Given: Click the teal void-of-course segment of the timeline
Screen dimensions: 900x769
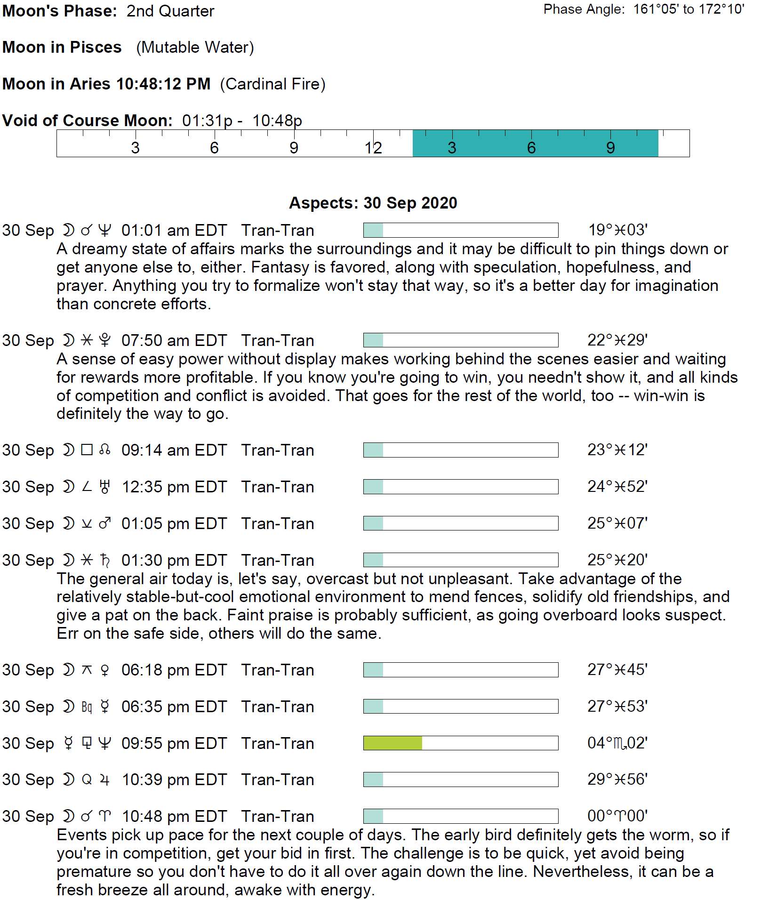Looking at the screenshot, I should (535, 143).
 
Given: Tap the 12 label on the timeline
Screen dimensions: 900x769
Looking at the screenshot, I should (373, 148).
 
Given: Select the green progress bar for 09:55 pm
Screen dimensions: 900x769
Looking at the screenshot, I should (393, 743).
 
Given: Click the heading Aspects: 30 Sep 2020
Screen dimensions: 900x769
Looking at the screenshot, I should (373, 203).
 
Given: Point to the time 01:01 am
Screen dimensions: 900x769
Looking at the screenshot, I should (151, 231).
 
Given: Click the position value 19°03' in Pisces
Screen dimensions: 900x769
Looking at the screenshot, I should (617, 230).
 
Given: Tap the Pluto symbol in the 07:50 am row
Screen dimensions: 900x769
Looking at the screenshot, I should (105, 340).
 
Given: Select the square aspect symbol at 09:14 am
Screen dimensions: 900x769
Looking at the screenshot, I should (87, 450).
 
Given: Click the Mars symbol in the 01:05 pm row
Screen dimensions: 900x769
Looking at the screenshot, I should (105, 523).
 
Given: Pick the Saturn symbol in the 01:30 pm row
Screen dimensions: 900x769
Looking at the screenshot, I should (105, 560).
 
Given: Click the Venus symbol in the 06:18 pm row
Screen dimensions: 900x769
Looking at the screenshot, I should (105, 670).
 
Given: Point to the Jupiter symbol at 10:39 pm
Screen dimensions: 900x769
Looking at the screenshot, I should (105, 780).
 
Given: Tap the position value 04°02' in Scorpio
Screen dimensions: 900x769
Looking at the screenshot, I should (617, 743).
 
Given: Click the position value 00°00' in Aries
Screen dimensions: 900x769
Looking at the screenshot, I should (617, 816).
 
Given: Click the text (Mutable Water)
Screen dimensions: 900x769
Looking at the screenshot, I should (195, 48).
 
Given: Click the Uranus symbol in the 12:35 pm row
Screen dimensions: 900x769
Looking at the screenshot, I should (105, 487).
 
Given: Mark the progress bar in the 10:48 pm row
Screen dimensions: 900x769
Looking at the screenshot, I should (460, 816).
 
